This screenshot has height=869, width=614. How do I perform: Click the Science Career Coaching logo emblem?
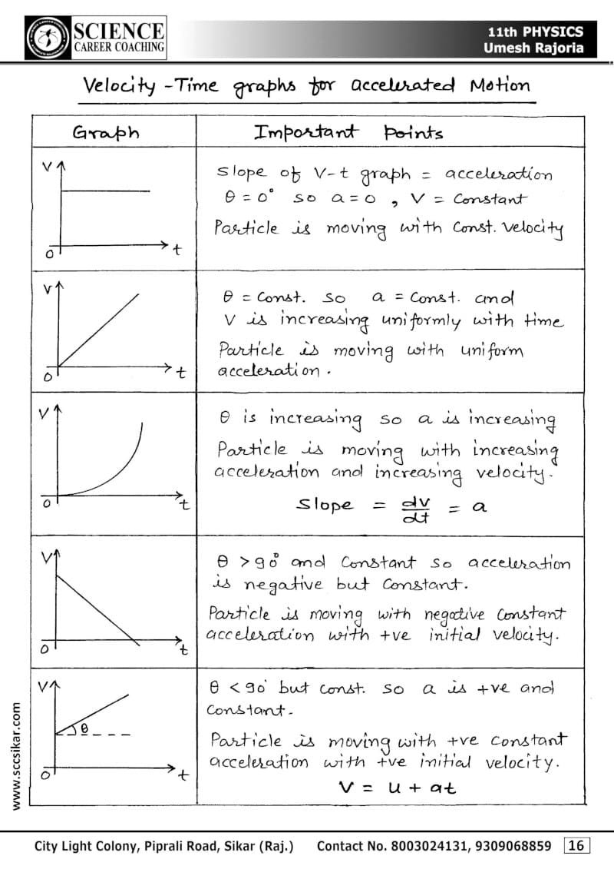coord(48,36)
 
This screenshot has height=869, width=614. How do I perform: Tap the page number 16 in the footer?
coord(576,846)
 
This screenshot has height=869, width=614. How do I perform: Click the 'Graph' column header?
coord(106,132)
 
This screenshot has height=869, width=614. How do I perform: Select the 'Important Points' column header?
coord(348,132)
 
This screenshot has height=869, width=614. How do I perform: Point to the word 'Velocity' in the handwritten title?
coord(120,86)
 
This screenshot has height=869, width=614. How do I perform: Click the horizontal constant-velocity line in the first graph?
coord(104,191)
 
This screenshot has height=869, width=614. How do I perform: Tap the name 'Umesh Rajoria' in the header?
coord(533,48)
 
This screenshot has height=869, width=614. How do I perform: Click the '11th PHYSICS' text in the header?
coord(535,32)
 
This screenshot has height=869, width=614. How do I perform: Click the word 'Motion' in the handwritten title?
coord(500,85)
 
